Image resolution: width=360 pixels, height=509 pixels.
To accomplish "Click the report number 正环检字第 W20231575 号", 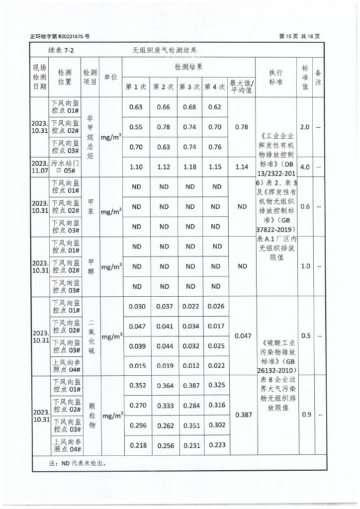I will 60,37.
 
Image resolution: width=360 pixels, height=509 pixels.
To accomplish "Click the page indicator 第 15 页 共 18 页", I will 300,36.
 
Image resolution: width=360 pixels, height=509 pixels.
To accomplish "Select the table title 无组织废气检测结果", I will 165,50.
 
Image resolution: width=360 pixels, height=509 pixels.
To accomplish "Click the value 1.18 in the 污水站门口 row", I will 190,167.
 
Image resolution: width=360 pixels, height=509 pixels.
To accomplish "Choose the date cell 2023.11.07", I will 39,167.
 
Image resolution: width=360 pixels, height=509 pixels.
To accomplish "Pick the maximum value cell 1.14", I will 242,167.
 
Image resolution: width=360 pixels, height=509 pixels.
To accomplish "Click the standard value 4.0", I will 305,167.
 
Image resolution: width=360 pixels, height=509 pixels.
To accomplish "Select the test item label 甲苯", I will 90,207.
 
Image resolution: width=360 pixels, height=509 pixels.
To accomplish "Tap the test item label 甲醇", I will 90,266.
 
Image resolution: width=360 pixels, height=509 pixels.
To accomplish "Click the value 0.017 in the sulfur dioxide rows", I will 216,327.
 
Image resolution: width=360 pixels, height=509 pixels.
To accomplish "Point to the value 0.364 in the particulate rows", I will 165,385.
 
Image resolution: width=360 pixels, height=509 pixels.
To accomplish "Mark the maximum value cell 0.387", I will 243,415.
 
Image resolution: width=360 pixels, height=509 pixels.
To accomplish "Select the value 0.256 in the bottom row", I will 165,446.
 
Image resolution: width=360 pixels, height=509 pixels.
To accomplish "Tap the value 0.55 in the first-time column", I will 136,127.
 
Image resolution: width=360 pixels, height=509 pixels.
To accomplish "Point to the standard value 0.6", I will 305,207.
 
